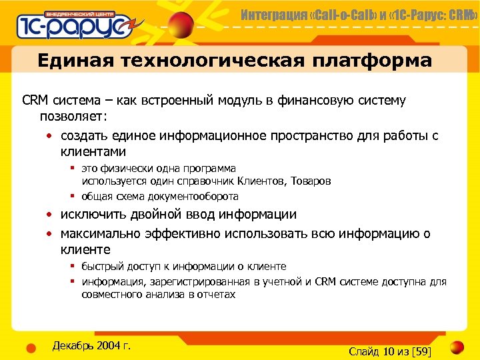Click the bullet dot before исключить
click(50, 215)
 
